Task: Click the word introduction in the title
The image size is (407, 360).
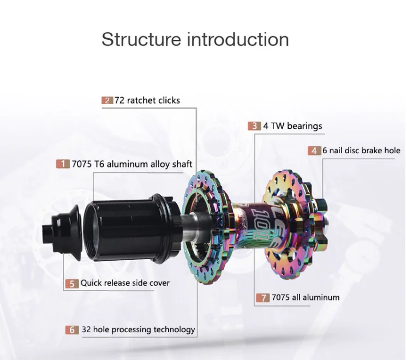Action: (238, 39)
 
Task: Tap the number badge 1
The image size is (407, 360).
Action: (64, 164)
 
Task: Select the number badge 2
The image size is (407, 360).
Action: (107, 100)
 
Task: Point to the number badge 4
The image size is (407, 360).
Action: (314, 151)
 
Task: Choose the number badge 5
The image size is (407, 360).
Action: (72, 283)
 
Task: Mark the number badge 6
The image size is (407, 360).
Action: (72, 329)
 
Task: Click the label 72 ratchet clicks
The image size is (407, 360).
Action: (147, 100)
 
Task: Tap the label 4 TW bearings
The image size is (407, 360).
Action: (293, 126)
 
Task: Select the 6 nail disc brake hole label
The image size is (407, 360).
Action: (361, 151)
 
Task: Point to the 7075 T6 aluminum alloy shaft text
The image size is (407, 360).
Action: (133, 164)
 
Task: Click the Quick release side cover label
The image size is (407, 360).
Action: (125, 283)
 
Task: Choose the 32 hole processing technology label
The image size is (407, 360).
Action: (138, 329)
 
